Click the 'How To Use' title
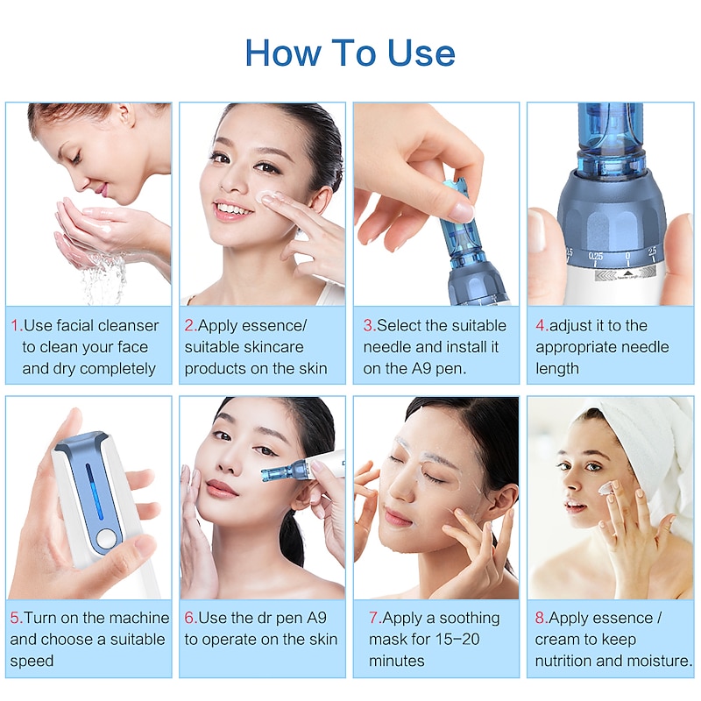tap(350, 53)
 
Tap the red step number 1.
tap(16, 325)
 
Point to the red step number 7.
tap(375, 618)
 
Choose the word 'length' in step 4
tap(557, 369)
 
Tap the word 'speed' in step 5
tap(32, 662)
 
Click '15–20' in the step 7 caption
tap(457, 640)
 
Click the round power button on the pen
tap(107, 539)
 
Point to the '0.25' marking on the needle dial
tap(596, 256)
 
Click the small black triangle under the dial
tap(627, 273)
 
